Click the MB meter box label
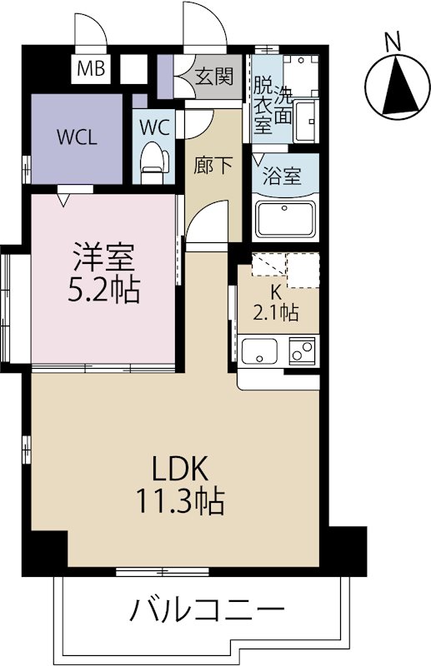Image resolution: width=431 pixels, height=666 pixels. click(x=91, y=68)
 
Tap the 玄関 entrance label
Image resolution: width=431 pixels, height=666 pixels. click(x=214, y=77)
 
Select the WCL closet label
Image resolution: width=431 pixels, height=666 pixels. click(x=77, y=137)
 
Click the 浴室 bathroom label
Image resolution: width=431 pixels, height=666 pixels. click(x=282, y=176)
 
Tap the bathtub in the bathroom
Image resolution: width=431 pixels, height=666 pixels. click(x=285, y=219)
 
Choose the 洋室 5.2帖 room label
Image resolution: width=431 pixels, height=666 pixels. click(x=104, y=273)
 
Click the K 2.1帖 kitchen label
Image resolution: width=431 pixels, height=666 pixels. click(x=276, y=302)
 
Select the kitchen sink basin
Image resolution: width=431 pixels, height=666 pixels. click(x=259, y=350)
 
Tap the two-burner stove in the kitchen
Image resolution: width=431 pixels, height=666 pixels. click(x=303, y=350)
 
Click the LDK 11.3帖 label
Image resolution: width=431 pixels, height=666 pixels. click(x=180, y=485)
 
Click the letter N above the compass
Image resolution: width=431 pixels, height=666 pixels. click(x=393, y=42)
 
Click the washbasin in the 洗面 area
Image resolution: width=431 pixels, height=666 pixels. click(x=305, y=121)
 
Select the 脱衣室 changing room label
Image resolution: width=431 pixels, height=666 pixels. click(x=263, y=105)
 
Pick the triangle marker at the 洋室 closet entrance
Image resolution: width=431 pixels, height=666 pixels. click(x=63, y=200)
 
